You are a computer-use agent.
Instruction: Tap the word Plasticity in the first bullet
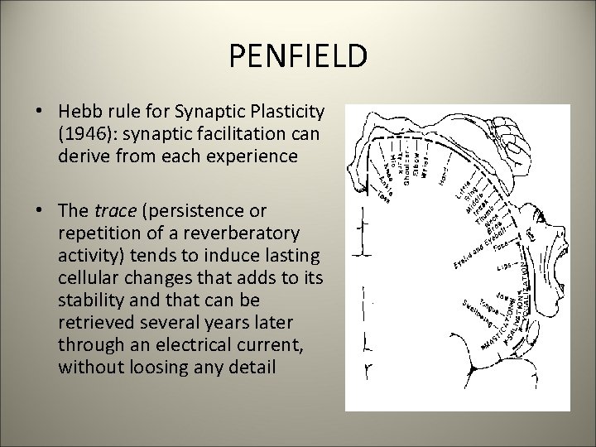click(x=287, y=113)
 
